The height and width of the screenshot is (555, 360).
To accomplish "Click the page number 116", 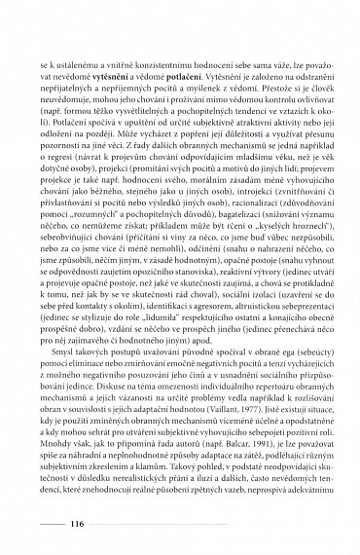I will pos(81,523).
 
